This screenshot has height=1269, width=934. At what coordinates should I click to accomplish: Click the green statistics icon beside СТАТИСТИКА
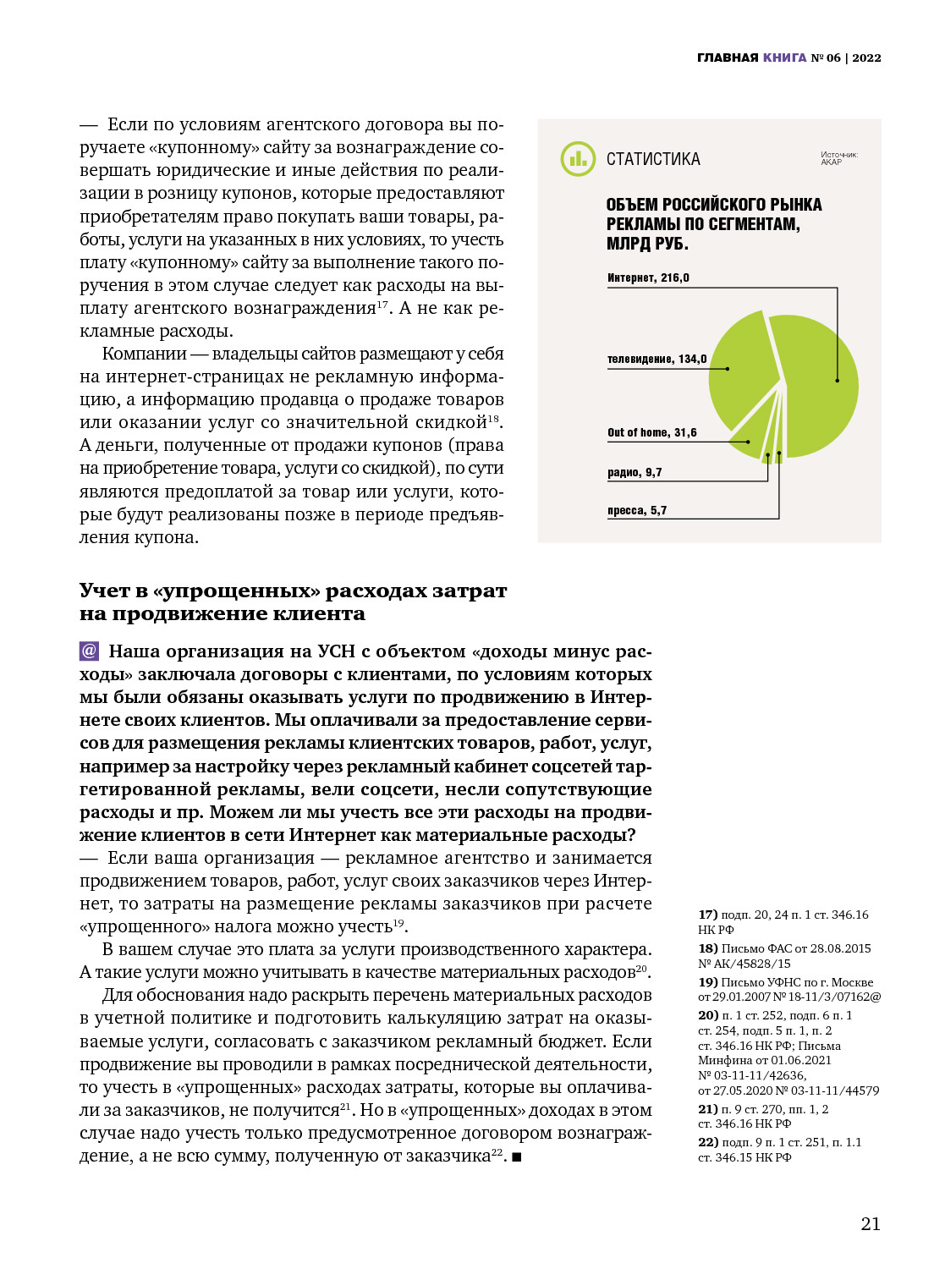(578, 159)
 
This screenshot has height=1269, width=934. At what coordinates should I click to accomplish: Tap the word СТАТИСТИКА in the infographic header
(653, 159)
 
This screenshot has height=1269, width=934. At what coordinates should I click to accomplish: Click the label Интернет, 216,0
(648, 277)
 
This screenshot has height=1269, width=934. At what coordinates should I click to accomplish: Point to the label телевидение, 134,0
(657, 359)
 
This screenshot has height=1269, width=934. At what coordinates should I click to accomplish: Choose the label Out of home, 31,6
(651, 432)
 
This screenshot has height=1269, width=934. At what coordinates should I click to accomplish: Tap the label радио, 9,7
(635, 472)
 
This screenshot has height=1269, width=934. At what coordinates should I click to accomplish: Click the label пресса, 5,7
(637, 510)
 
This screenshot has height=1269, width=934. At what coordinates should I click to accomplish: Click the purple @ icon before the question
(89, 651)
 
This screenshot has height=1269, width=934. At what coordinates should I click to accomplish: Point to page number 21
(871, 1223)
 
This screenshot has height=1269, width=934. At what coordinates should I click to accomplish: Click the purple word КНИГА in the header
(784, 58)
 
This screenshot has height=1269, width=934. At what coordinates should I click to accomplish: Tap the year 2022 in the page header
(866, 58)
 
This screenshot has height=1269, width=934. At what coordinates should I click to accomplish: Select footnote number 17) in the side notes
(707, 915)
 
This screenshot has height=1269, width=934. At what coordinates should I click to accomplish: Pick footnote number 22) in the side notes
(707, 1142)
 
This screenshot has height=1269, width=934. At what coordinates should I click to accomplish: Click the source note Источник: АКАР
(838, 158)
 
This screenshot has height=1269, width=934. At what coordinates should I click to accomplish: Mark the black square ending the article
(517, 1156)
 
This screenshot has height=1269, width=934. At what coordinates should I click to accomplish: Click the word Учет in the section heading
(105, 591)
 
